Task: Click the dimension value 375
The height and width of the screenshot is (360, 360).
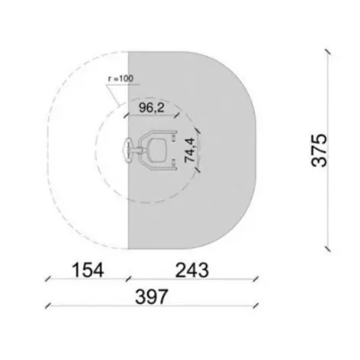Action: pyautogui.click(x=319, y=150)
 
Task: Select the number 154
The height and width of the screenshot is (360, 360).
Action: pyautogui.click(x=88, y=270)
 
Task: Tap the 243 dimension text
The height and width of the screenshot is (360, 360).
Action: pyautogui.click(x=192, y=270)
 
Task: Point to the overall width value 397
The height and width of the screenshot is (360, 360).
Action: pyautogui.click(x=152, y=297)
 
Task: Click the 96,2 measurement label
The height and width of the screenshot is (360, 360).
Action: pyautogui.click(x=152, y=108)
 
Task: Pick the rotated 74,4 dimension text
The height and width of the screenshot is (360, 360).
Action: pyautogui.click(x=190, y=150)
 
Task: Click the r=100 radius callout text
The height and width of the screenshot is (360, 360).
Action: pyautogui.click(x=121, y=79)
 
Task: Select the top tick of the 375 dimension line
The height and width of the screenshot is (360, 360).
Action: pyautogui.click(x=328, y=52)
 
